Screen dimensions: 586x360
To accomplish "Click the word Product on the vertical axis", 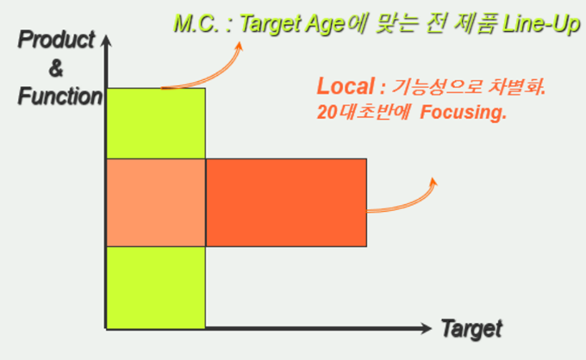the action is tap(56, 40).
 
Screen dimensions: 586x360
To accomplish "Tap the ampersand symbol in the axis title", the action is tap(56, 68).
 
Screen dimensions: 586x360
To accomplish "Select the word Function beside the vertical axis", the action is tap(59, 96).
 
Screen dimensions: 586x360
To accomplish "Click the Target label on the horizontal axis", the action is tap(471, 330).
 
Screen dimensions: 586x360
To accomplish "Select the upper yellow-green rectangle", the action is tap(156, 123).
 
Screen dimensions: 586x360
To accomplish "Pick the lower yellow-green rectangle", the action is tap(156, 288).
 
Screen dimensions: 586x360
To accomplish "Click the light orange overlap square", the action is tap(156, 202).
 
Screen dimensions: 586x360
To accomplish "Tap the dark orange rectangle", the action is tap(286, 202).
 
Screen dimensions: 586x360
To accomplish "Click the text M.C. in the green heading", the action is tap(196, 23).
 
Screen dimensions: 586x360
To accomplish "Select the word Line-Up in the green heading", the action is tap(541, 24).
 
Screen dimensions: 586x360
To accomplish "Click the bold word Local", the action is tap(346, 86).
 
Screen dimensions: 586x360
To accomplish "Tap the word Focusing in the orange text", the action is tap(464, 112).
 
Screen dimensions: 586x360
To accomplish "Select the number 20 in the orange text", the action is tap(327, 112).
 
